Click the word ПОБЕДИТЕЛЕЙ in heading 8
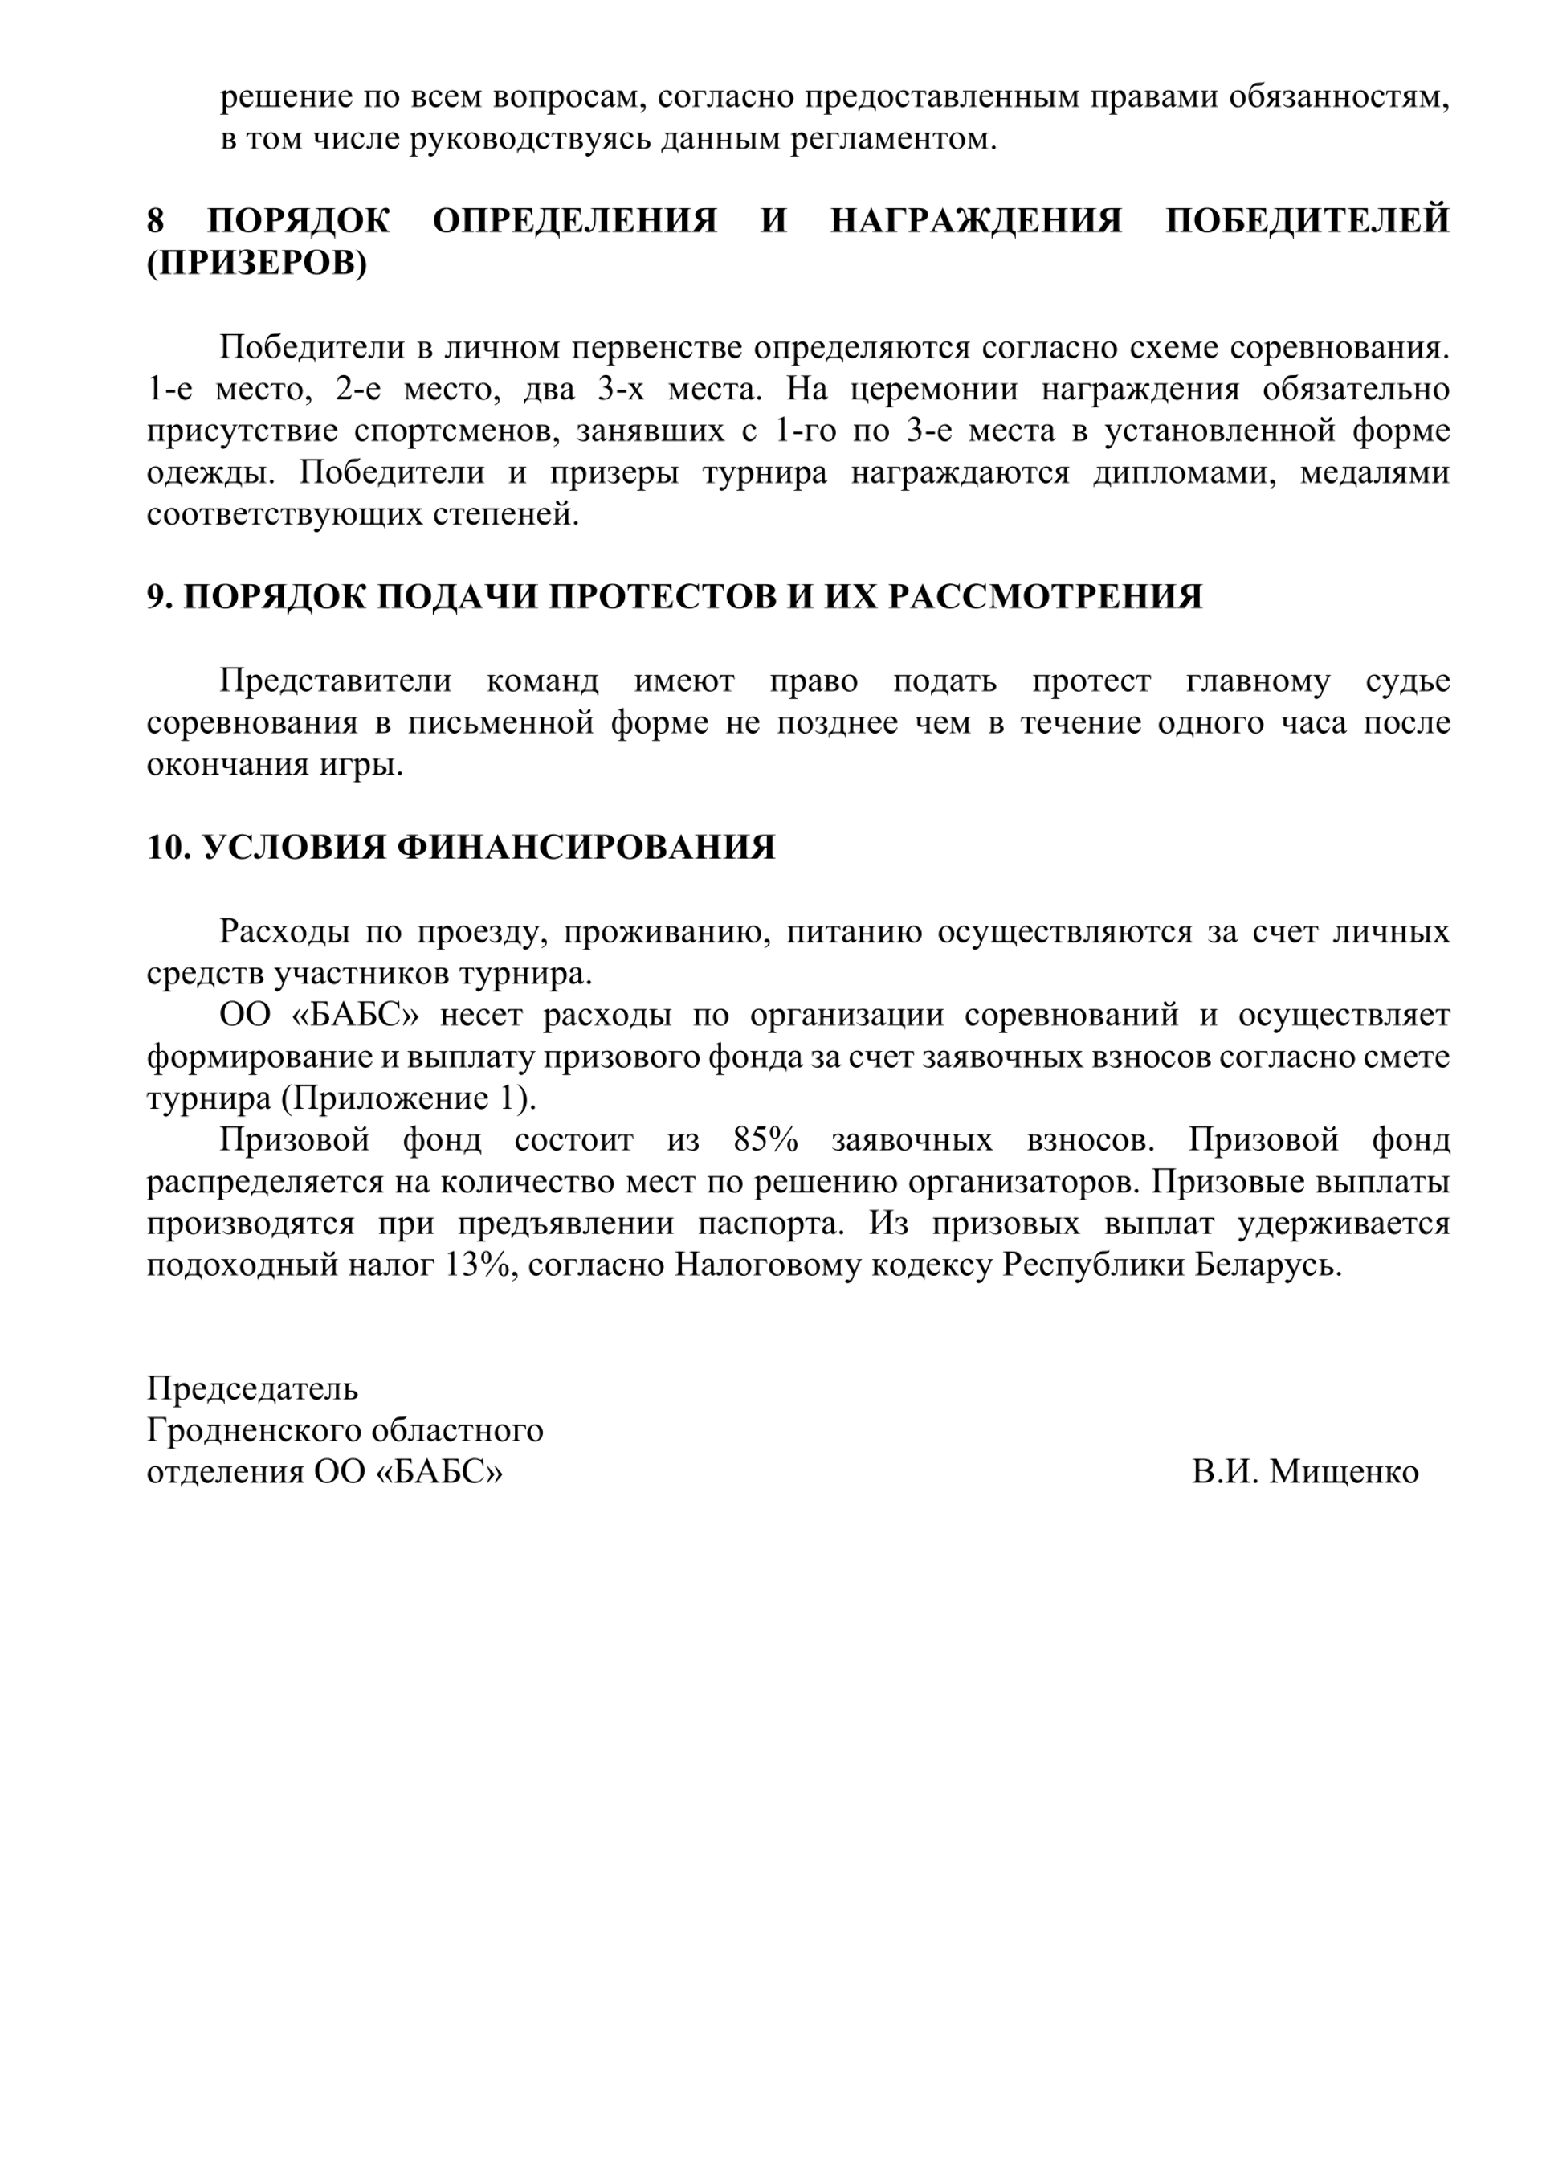[x=1307, y=221]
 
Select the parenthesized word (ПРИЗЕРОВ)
[x=257, y=263]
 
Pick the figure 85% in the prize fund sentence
[x=765, y=1139]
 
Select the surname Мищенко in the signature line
[x=1344, y=1472]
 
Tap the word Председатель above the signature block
[x=252, y=1388]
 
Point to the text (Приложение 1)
[x=408, y=1098]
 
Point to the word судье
[x=1408, y=681]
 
